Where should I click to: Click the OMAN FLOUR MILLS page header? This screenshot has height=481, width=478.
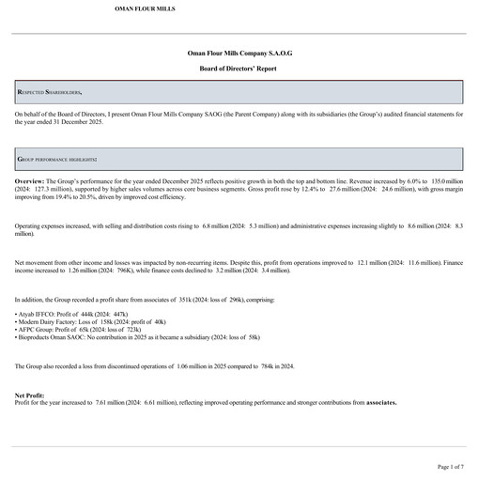pyautogui.click(x=144, y=8)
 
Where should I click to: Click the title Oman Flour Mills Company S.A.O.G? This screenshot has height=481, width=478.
pyautogui.click(x=239, y=56)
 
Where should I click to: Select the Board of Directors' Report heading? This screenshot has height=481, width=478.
pyautogui.click(x=239, y=70)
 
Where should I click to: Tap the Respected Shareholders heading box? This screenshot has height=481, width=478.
pyautogui.click(x=239, y=92)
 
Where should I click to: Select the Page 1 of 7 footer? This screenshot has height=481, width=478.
pyautogui.click(x=450, y=466)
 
